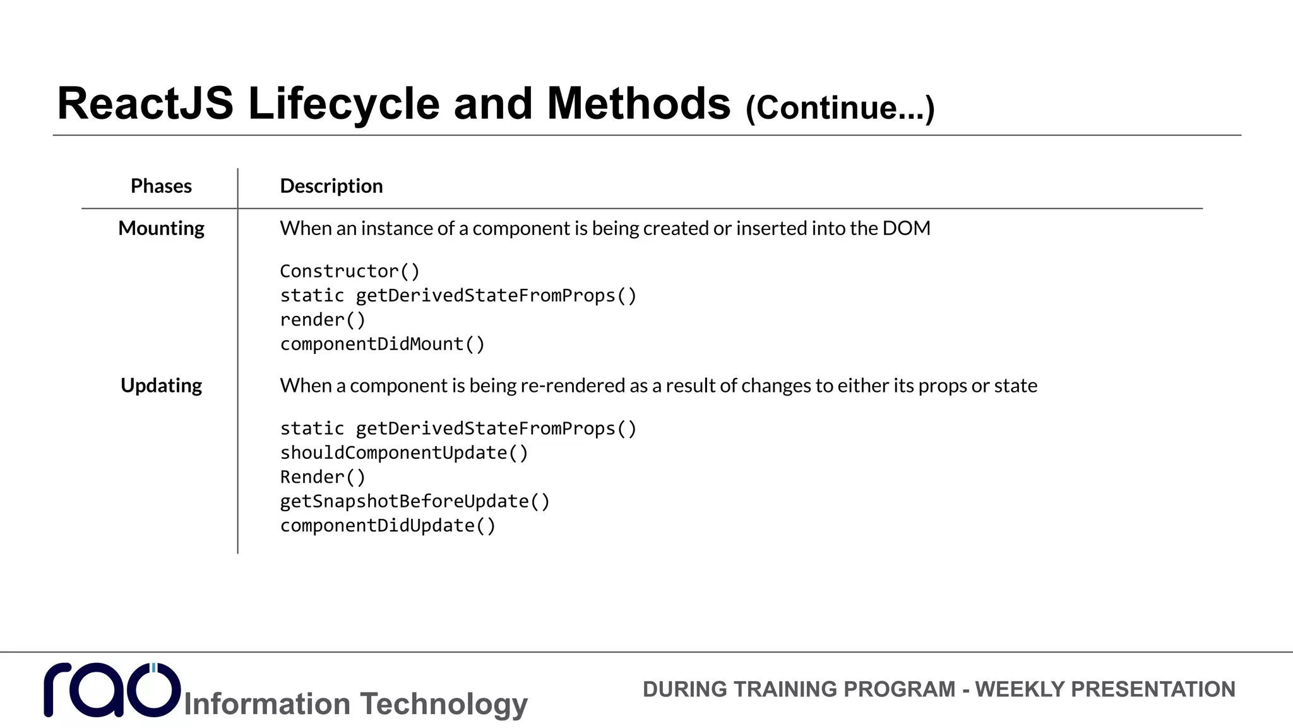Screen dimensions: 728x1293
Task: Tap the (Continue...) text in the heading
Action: coord(840,107)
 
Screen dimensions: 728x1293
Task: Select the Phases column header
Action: coord(161,186)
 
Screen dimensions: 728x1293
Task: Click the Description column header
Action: coord(331,186)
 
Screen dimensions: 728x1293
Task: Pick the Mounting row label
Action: coord(161,228)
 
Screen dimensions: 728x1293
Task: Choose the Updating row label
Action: coord(161,385)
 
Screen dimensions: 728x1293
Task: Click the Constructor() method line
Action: coord(349,271)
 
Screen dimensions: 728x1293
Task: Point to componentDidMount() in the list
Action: coord(382,344)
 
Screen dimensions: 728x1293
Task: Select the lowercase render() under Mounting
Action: coord(322,320)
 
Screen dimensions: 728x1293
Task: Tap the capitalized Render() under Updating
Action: coord(322,477)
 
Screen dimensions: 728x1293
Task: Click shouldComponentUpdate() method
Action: coord(403,452)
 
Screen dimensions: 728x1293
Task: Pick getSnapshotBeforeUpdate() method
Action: coord(414,501)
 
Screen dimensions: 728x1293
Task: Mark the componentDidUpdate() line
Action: coord(388,526)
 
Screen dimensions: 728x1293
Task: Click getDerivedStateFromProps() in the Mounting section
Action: coord(496,296)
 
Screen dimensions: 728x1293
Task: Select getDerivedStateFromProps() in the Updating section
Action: coord(496,428)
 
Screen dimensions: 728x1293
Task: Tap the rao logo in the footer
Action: coord(112,690)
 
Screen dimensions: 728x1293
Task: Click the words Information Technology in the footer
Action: coord(355,704)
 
